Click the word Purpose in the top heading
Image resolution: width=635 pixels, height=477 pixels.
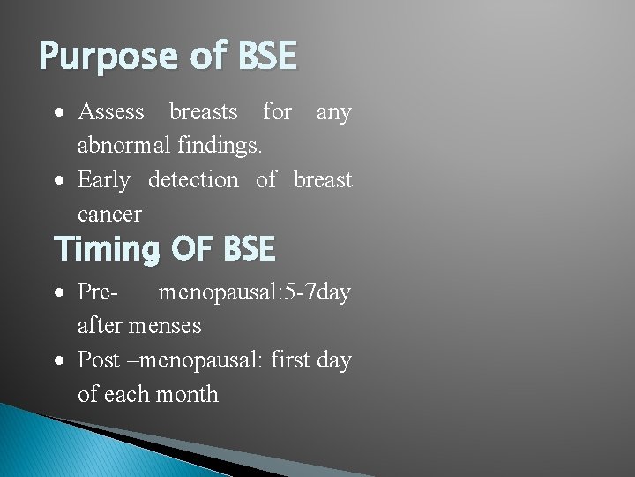click(107, 57)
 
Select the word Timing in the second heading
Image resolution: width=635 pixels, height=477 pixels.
click(106, 249)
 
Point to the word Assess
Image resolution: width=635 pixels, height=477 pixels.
click(111, 112)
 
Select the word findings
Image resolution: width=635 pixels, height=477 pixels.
click(232, 146)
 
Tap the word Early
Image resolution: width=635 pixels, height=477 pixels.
click(103, 180)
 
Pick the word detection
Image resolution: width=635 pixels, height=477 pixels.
click(193, 180)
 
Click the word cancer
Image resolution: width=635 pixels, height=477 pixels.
click(109, 215)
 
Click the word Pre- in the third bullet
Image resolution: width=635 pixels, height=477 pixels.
click(99, 291)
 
